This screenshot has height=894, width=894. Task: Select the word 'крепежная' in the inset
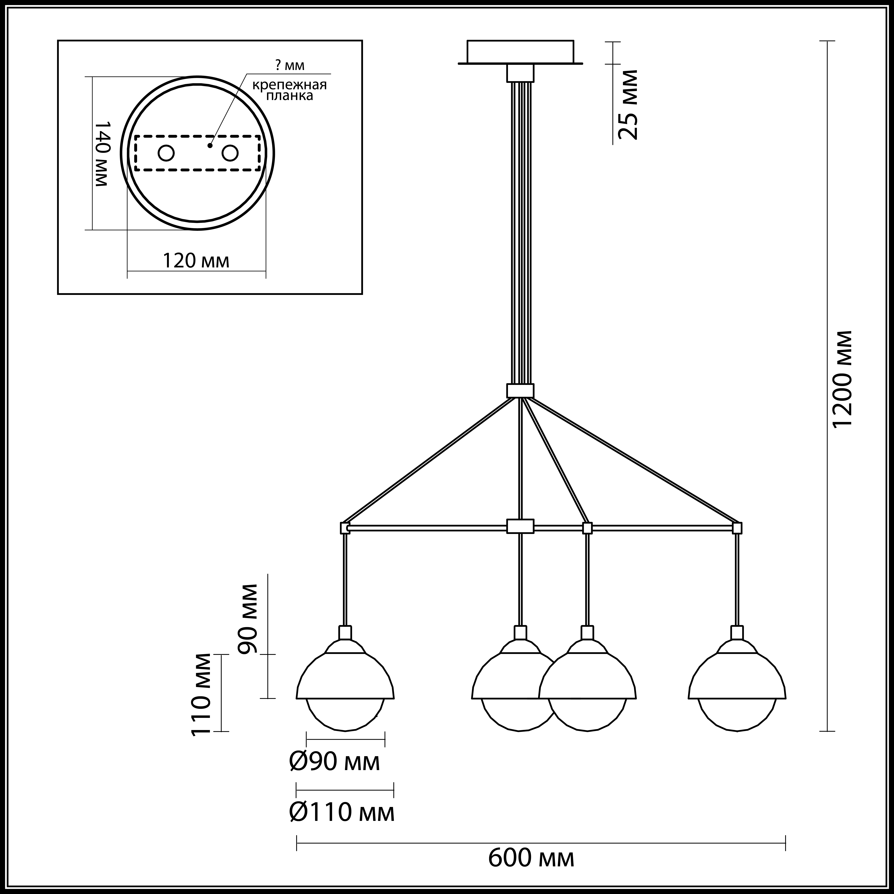(x=289, y=85)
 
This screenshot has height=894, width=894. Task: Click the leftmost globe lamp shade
(x=345, y=685)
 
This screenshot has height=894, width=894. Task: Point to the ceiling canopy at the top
(x=520, y=52)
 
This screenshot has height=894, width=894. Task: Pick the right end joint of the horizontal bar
(x=737, y=528)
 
